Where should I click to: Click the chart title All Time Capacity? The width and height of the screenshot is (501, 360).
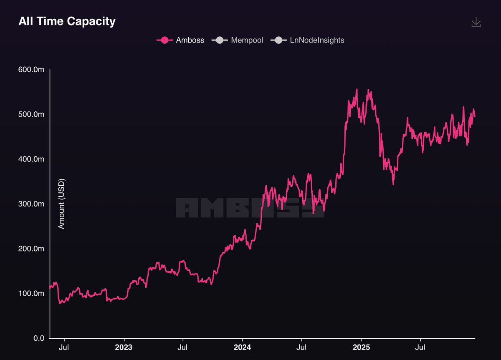(67, 22)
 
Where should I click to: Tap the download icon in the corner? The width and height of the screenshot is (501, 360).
(476, 23)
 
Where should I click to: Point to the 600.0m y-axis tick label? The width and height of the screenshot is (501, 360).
(31, 69)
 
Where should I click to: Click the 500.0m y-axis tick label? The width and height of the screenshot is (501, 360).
(31, 114)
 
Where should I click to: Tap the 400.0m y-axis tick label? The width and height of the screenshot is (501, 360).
(31, 159)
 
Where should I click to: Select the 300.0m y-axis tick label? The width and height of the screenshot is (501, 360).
(31, 204)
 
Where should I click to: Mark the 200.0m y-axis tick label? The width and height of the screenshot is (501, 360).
(31, 249)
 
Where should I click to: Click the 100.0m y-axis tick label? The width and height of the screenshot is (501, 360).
(31, 293)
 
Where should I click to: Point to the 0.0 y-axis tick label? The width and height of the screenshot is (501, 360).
(38, 338)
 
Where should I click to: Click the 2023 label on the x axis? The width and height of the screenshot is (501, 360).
(124, 347)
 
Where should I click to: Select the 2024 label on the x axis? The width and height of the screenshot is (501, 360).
(242, 347)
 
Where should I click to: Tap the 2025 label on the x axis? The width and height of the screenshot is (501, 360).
(361, 347)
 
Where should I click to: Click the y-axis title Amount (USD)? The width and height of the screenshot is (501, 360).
(61, 204)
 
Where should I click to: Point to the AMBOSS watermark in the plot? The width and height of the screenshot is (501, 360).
(250, 207)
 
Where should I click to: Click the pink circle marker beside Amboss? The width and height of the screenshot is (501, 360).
(164, 40)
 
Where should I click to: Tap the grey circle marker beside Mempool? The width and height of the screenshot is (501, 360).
(220, 40)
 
